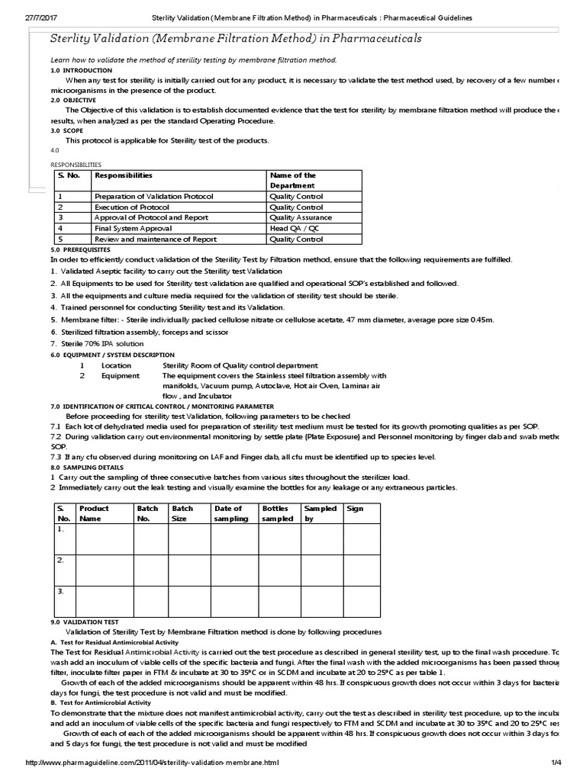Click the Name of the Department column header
(293, 181)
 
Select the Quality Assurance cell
(301, 217)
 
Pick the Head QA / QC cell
(294, 228)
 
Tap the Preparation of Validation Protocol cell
(153, 196)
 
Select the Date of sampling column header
(231, 513)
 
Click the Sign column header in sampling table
(355, 508)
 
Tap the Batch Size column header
(183, 513)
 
